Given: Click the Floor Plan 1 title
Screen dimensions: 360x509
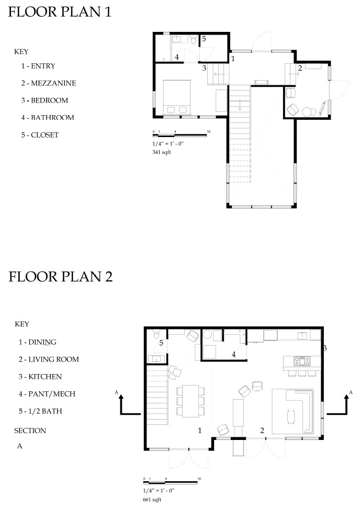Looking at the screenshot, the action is tap(60, 12).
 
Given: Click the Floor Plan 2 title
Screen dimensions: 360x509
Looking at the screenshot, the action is tap(60, 277).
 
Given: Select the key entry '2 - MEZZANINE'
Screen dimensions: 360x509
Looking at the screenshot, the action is tap(49, 83).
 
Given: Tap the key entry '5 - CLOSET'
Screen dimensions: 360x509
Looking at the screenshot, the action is tap(40, 135).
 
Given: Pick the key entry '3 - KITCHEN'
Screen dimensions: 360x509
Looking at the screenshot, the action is tap(40, 377).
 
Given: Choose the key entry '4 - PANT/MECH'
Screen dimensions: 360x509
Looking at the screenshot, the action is tap(47, 394).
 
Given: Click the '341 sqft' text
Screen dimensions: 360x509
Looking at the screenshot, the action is tap(162, 152).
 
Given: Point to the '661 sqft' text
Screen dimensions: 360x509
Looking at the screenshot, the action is tap(152, 499).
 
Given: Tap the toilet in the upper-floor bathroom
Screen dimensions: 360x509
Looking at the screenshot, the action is tap(194, 40).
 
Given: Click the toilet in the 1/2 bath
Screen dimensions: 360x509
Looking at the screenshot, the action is tap(156, 334).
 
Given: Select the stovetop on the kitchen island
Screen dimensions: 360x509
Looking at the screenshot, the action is tap(302, 361).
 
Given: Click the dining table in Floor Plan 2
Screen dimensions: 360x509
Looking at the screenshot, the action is tap(190, 401).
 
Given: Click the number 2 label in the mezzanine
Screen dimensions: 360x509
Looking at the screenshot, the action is tap(300, 68).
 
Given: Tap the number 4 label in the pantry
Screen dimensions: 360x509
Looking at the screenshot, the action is tap(233, 355).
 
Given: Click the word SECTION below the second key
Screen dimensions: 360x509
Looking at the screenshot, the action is tap(30, 431).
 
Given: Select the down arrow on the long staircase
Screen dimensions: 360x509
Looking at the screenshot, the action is tap(240, 105).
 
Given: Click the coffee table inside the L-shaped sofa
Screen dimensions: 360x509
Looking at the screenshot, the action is tap(291, 416).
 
